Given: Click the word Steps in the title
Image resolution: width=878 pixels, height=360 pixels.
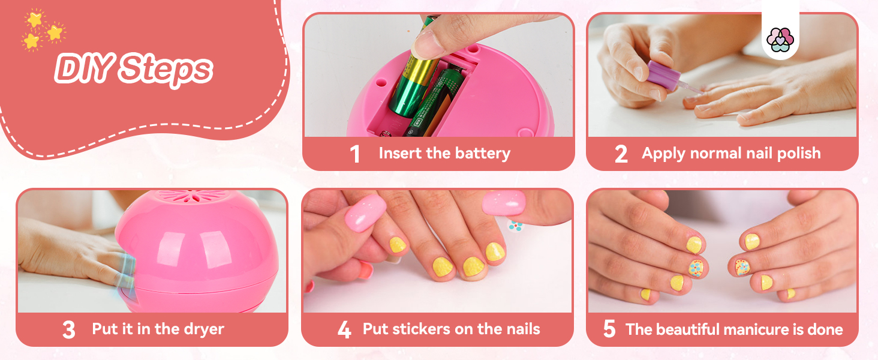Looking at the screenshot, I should coord(165,71).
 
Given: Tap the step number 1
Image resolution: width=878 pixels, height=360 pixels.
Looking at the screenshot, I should coord(355,154).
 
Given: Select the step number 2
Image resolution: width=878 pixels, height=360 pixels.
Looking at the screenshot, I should coord(621,154).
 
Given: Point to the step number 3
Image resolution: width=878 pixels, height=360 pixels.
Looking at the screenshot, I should coord(69,330).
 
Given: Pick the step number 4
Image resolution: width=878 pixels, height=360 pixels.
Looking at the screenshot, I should coord(344,330).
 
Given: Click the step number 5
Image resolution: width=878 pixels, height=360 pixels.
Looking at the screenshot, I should coord(609,330).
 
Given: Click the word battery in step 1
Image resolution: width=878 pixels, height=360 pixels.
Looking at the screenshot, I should coord(482,154).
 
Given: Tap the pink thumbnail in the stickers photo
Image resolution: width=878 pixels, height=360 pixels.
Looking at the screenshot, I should coord(364,212).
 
